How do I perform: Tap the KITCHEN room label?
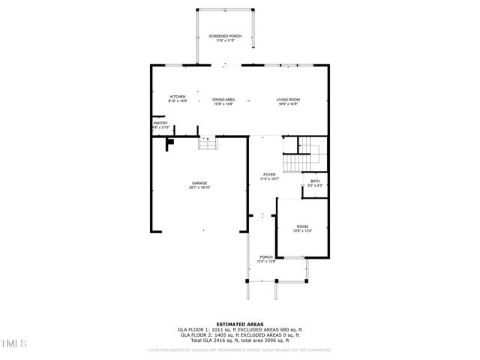click(x=178, y=97)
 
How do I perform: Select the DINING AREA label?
click(x=223, y=100)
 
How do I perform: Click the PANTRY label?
click(x=160, y=122)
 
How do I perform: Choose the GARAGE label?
click(x=199, y=183)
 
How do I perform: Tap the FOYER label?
click(x=268, y=174)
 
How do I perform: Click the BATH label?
click(x=315, y=181)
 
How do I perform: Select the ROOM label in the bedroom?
click(x=301, y=226)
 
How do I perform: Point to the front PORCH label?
click(x=266, y=256)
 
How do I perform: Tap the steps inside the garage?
click(x=207, y=143)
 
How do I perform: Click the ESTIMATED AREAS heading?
click(x=239, y=324)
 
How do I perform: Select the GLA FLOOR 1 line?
click(x=239, y=329)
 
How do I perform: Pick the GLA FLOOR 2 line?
click(x=239, y=335)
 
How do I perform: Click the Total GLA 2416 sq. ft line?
click(x=239, y=340)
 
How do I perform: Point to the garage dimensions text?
click(x=199, y=187)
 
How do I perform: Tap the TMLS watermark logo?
click(x=13, y=343)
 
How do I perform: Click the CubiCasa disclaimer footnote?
click(x=239, y=349)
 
